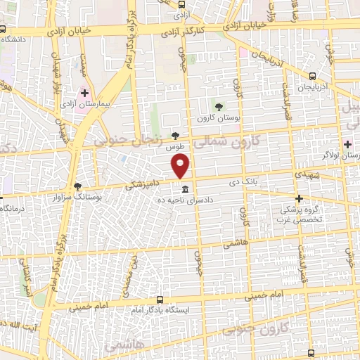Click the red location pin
181,166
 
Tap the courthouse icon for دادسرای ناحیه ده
185,191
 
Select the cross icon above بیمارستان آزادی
85,93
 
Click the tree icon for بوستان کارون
219,107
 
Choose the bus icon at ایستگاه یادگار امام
160,300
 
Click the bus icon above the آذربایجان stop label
312,77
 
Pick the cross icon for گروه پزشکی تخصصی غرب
300,198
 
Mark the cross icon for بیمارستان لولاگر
348,143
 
